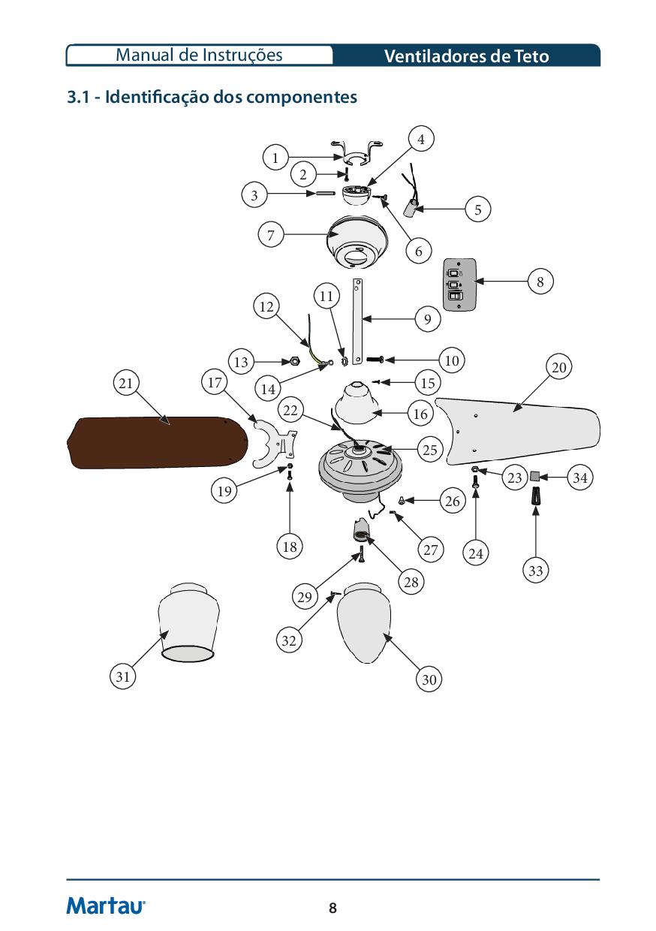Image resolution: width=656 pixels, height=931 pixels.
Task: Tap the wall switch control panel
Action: click(457, 285)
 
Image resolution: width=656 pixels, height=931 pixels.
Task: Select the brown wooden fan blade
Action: click(158, 442)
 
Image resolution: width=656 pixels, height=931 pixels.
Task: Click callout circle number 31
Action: click(124, 676)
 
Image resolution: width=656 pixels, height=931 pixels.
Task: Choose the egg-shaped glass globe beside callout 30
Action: click(364, 623)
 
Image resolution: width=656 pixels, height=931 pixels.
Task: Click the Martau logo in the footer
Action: click(106, 905)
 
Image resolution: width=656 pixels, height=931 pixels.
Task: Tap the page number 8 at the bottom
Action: click(333, 908)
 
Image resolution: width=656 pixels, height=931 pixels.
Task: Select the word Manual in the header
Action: click(143, 55)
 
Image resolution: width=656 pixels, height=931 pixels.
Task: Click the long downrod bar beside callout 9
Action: click(358, 319)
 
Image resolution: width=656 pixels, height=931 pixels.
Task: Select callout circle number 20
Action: click(559, 367)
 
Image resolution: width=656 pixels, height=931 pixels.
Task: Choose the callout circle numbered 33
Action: click(535, 571)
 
